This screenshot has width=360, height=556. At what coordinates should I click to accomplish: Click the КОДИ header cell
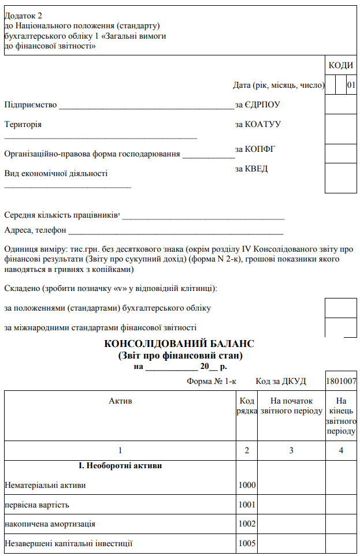(x=341, y=65)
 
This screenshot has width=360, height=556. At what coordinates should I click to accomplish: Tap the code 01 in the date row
(x=351, y=85)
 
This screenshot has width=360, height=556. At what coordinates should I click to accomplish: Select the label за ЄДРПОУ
(x=258, y=105)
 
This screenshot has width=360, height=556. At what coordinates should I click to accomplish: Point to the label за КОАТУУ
(x=258, y=124)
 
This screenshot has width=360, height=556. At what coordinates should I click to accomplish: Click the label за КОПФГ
(x=255, y=149)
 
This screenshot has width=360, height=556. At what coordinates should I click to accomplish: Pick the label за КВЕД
(x=251, y=169)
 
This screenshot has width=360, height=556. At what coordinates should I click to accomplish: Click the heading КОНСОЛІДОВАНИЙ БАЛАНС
(x=179, y=344)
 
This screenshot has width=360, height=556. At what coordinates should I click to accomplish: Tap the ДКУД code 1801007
(x=341, y=381)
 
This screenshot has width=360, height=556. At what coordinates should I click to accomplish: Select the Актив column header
(x=120, y=401)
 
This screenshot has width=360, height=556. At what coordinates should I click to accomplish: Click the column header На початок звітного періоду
(x=291, y=406)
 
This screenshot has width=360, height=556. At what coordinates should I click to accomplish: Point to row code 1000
(x=247, y=485)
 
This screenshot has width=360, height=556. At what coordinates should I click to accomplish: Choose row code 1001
(x=247, y=505)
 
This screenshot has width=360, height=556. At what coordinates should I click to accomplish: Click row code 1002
(x=247, y=524)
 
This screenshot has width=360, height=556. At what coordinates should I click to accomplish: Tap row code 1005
(x=247, y=543)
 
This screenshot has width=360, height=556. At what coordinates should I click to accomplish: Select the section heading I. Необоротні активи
(x=120, y=465)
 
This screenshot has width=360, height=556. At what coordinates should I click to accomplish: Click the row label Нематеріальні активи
(x=45, y=485)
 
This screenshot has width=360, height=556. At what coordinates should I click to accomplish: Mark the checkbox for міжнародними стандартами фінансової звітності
(x=341, y=327)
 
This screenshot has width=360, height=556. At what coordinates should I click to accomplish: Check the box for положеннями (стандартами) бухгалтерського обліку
(x=341, y=308)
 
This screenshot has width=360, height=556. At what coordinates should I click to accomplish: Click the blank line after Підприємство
(x=147, y=106)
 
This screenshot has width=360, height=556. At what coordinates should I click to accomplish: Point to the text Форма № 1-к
(x=211, y=381)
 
